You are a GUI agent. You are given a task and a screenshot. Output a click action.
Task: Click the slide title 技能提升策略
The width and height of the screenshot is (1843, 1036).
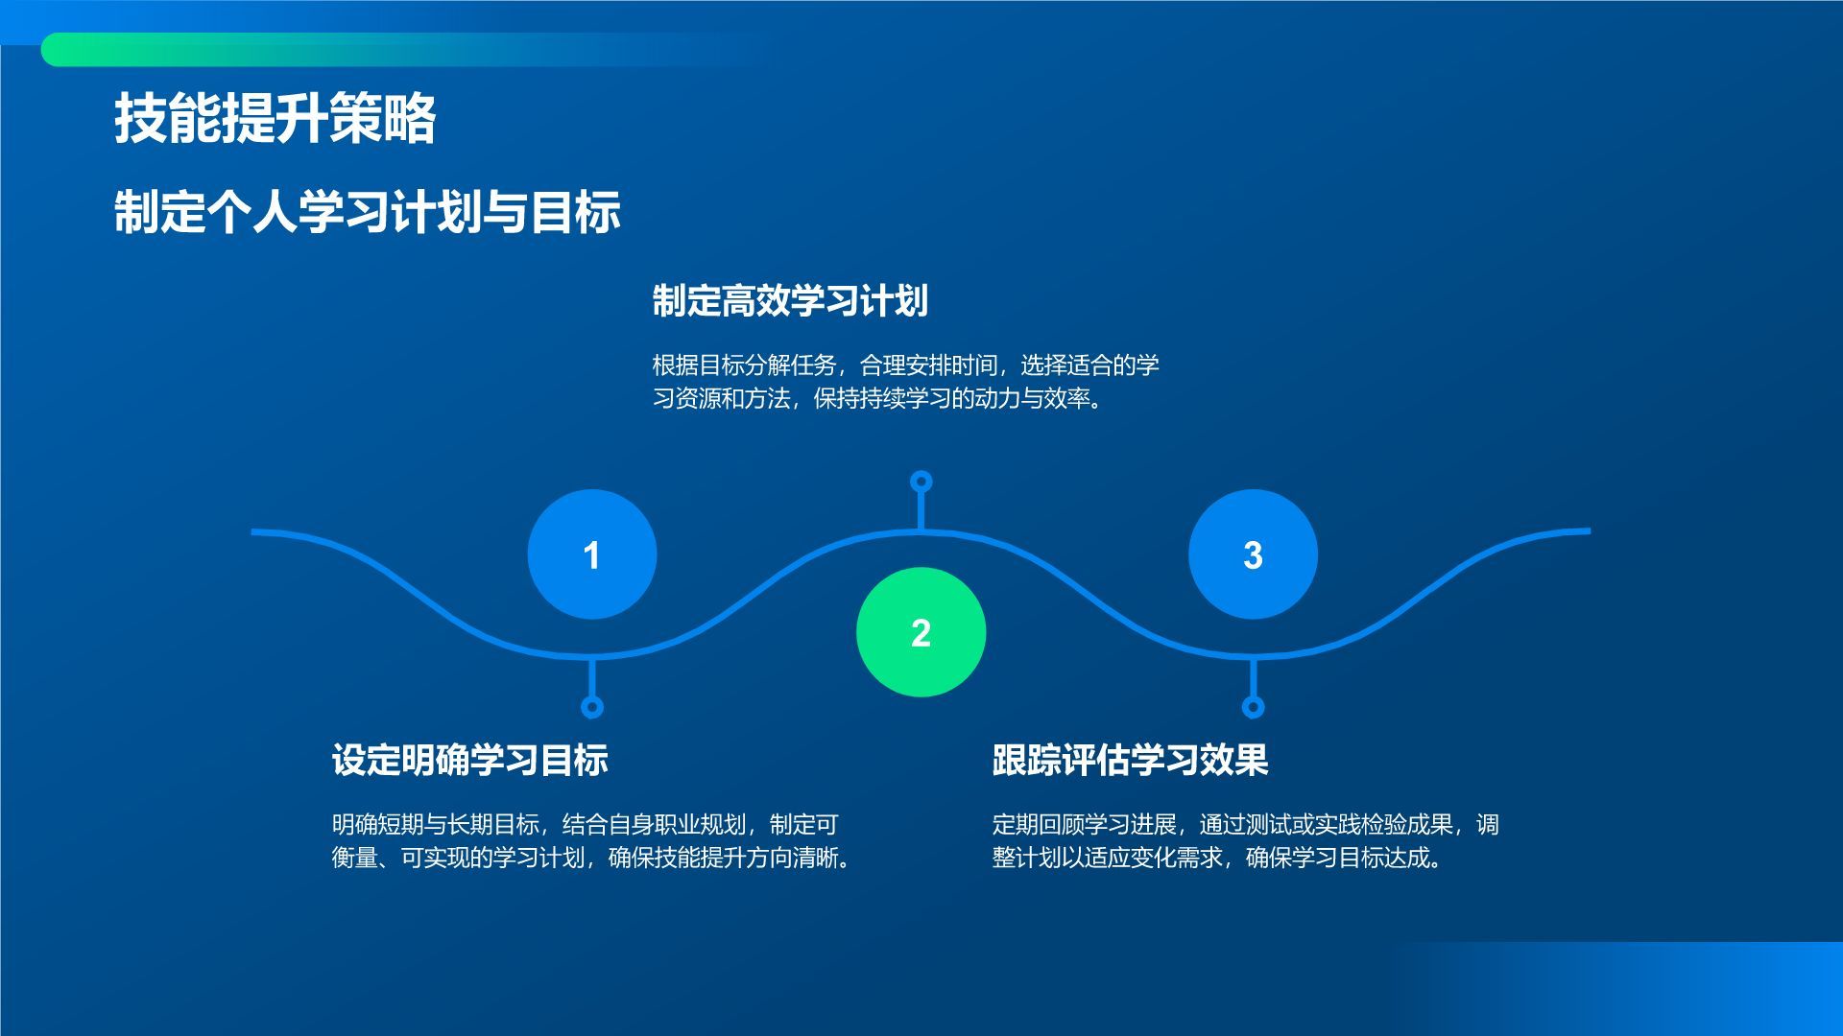(x=275, y=119)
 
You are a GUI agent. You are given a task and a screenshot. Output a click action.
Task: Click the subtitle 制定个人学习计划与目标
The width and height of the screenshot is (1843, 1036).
(x=368, y=212)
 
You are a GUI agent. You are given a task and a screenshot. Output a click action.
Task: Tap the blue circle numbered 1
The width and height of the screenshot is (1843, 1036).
(x=592, y=554)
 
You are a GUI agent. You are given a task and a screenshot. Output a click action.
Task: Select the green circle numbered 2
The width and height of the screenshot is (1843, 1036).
(x=921, y=632)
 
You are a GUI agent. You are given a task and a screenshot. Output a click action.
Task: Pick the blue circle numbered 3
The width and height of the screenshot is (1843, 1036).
(x=1253, y=554)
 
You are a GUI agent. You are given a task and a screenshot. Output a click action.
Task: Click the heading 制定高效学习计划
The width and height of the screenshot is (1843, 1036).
(x=790, y=300)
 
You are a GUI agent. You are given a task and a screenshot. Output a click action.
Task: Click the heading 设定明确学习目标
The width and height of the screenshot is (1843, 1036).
(x=470, y=760)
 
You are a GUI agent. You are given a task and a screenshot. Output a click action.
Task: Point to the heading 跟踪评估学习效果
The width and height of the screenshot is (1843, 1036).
(x=1131, y=760)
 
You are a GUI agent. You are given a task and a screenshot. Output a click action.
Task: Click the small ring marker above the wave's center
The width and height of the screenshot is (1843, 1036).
(x=921, y=481)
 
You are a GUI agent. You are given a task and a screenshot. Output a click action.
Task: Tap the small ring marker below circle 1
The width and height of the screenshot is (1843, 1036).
(x=592, y=707)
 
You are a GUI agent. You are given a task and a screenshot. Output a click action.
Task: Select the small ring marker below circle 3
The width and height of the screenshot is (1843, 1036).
(x=1253, y=707)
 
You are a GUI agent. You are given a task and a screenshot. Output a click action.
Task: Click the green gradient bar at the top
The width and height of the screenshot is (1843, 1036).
(x=403, y=49)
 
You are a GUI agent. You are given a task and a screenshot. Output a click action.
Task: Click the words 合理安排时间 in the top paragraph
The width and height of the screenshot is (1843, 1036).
(x=928, y=365)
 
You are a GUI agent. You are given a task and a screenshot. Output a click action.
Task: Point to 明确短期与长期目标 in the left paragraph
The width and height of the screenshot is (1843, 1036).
(x=436, y=825)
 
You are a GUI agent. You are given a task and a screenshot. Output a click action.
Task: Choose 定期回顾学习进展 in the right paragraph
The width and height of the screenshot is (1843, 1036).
(x=1084, y=825)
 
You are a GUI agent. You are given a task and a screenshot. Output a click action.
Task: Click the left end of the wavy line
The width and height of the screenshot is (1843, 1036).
(x=253, y=531)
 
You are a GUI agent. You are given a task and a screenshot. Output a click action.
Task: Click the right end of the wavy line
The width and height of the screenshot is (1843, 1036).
(x=1589, y=530)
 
